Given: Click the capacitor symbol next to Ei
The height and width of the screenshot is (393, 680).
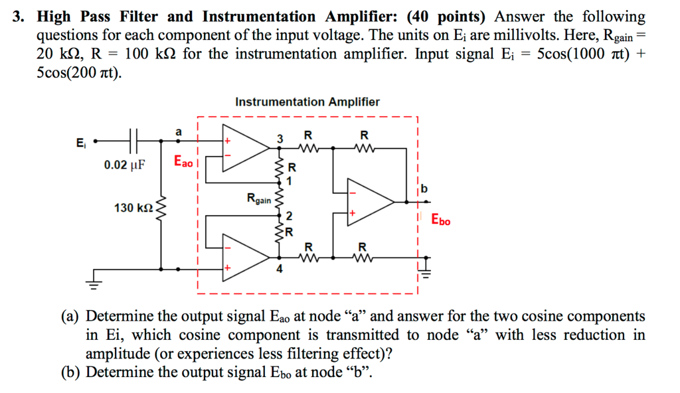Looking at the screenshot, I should (x=133, y=141).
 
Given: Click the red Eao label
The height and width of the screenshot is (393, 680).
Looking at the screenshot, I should (x=184, y=161).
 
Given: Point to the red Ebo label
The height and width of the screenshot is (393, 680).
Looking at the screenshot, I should (x=440, y=219).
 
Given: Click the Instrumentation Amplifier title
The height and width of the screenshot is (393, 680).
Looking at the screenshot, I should (x=307, y=102).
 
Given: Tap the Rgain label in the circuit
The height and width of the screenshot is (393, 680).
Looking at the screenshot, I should (x=258, y=197).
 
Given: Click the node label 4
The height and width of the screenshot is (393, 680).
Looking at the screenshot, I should (x=280, y=270).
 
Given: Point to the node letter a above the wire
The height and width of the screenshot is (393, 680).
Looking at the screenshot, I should (x=177, y=132).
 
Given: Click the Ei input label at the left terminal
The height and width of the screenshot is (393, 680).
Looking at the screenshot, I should (x=81, y=141).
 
